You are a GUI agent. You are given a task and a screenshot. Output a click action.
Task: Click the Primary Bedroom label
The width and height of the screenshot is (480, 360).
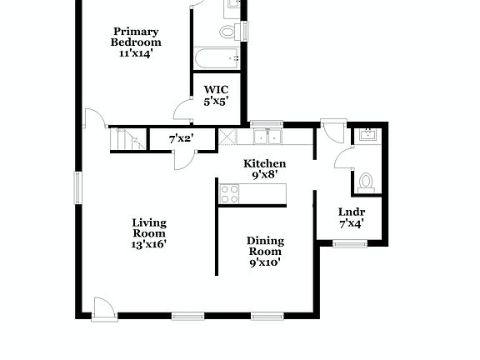coord(137,37)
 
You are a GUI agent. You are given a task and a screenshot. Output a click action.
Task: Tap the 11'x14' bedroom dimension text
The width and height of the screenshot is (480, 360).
coord(137,52)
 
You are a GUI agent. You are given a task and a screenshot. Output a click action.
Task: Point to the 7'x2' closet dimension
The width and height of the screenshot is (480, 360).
coord(181,138)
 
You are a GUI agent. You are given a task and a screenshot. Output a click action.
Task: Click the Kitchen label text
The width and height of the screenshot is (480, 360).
coord(264,163)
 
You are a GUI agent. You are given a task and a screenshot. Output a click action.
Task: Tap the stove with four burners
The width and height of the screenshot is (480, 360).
coord(229,193)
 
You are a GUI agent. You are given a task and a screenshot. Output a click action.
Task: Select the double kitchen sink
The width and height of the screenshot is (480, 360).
coord(267,137)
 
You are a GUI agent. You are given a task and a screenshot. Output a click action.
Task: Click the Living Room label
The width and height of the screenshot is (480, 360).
coord(149,228)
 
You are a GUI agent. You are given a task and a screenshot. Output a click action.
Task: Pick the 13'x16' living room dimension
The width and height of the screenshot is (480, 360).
coord(149,244)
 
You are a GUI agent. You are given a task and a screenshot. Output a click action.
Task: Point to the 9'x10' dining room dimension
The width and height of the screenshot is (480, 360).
coord(264,262)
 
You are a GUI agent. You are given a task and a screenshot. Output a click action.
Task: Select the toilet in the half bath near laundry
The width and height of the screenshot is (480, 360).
coord(366,180)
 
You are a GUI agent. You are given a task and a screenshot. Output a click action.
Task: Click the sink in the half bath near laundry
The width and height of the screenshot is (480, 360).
coord(367,136)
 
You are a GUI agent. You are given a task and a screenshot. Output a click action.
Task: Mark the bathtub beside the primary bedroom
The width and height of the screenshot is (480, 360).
coord(217,58)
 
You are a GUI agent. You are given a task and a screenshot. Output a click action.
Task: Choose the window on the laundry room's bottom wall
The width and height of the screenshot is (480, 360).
coord(350,243)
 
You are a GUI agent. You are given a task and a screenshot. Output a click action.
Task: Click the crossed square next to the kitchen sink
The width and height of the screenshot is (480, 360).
coord(227,137)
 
